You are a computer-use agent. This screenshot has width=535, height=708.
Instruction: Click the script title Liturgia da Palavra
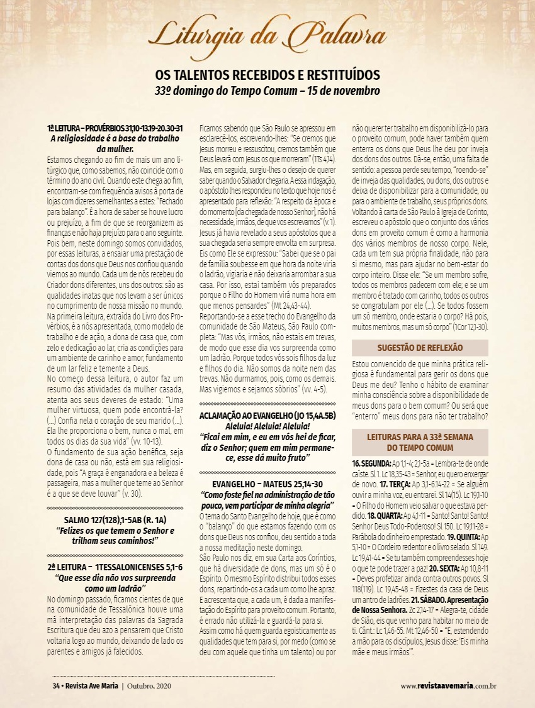tap(267, 33)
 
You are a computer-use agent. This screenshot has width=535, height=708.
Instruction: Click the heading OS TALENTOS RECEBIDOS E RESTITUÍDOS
tap(267, 75)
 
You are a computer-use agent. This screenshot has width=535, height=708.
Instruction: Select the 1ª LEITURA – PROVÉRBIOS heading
tap(115, 128)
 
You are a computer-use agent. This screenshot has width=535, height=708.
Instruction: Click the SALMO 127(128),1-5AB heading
tap(115, 520)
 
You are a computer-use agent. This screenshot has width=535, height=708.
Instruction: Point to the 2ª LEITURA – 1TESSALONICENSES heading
tap(115, 568)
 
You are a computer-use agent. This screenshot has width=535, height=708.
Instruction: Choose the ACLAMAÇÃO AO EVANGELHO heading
tap(268, 415)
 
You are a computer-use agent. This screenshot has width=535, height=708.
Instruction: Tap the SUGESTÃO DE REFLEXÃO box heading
tap(420, 347)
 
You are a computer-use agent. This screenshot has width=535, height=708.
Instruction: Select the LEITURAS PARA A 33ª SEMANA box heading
tap(420, 441)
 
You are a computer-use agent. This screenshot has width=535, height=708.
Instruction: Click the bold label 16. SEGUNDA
tap(371, 463)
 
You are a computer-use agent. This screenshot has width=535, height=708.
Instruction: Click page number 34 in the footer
tap(56, 685)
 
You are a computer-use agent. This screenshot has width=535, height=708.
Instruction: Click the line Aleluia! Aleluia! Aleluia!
tap(267, 425)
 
